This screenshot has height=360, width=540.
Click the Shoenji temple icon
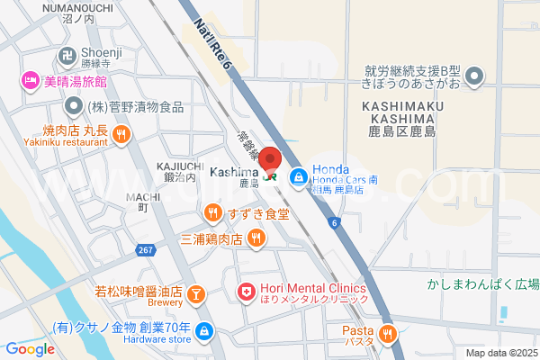pyautogui.click(x=68, y=53)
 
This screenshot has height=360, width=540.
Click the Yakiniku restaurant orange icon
pyautogui.click(x=121, y=135)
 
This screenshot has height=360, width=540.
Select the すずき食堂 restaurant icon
pyautogui.click(x=212, y=213)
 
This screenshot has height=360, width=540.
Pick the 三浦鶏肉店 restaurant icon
pyautogui.click(x=256, y=238)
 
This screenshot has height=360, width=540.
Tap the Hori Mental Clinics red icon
pyautogui.click(x=245, y=292)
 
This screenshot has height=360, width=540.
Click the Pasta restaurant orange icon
pyautogui.click(x=388, y=334)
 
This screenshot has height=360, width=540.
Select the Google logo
pyautogui.click(x=30, y=349)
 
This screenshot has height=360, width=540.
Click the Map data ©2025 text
pyautogui.click(x=499, y=353)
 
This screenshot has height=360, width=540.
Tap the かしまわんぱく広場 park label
pyautogui.click(x=482, y=284)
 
